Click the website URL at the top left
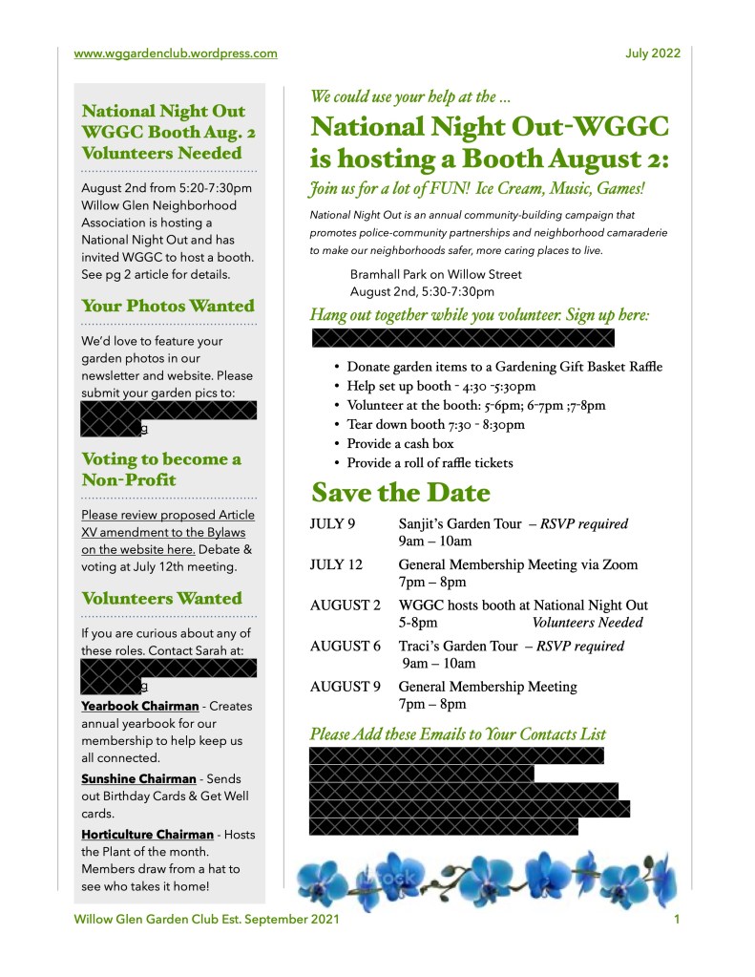(x=176, y=53)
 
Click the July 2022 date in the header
(x=653, y=53)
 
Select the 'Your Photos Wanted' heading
(x=168, y=307)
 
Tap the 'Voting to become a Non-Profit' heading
(x=161, y=469)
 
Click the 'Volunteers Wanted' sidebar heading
(x=161, y=599)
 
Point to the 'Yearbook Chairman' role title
(x=139, y=706)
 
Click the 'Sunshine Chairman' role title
(x=138, y=779)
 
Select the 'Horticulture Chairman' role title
(x=147, y=835)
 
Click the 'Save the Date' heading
(x=400, y=494)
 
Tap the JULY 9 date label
(x=332, y=524)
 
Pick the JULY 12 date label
(x=336, y=564)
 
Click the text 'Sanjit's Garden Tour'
(x=459, y=524)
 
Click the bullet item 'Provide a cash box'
(x=400, y=444)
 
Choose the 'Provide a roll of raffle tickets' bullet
(x=430, y=463)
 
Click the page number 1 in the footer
(x=676, y=920)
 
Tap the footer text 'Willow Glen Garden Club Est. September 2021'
(x=206, y=920)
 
